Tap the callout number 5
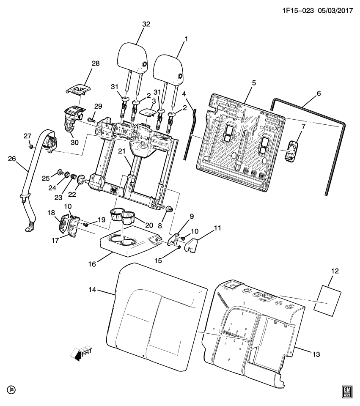tap(253, 83)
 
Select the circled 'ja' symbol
tap(11, 389)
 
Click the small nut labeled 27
tap(31, 146)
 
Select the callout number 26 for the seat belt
tap(12, 159)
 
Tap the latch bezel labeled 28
tap(79, 89)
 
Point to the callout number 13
tap(314, 354)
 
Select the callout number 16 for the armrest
tap(91, 264)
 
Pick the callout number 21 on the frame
tap(122, 152)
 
